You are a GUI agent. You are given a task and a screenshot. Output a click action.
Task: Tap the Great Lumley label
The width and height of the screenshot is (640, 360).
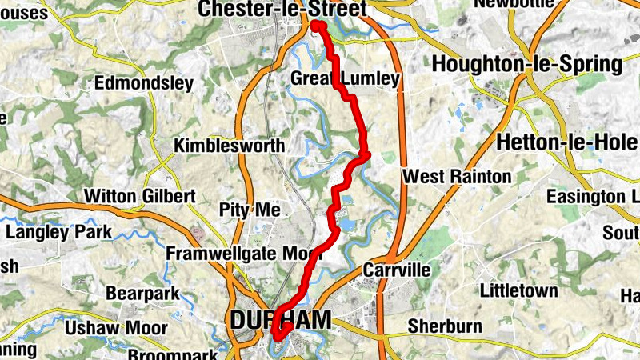tap(345, 79)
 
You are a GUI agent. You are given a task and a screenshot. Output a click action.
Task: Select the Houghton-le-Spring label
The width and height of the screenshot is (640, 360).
tap(527, 65)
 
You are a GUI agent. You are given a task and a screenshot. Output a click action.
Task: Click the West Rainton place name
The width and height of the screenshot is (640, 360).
tap(457, 176)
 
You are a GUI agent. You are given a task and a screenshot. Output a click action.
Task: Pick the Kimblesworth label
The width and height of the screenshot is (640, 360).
tap(230, 146)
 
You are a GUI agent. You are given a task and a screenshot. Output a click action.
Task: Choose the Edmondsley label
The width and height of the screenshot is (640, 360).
tap(144, 83)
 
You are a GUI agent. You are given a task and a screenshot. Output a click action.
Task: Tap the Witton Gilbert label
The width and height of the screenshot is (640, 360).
tap(140, 196)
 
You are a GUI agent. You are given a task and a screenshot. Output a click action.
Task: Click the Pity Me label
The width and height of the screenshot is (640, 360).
tap(249, 210)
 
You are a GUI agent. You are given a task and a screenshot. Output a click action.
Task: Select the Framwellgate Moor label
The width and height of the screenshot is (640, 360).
tap(243, 254)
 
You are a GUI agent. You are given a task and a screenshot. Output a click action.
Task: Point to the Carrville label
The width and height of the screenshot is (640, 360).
tap(397, 270)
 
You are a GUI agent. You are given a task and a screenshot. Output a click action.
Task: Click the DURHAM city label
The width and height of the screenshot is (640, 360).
tap(279, 320)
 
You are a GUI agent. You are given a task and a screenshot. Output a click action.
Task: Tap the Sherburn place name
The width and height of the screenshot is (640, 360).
tap(444, 326)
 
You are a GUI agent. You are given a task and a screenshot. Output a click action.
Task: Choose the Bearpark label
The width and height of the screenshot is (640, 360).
tap(142, 294)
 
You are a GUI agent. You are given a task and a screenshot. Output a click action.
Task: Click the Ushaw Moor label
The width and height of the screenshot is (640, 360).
tap(117, 328)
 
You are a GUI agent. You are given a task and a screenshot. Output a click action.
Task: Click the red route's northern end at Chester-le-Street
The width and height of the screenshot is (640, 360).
tap(316, 26)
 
